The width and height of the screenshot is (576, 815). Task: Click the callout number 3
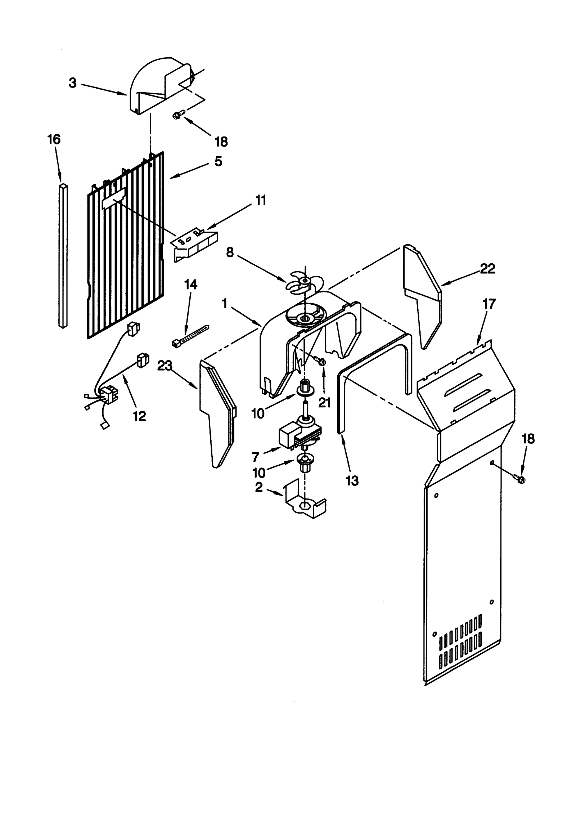click(73, 83)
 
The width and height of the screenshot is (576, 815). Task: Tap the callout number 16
click(54, 139)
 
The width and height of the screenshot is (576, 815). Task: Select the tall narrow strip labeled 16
click(63, 256)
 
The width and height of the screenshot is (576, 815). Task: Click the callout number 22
click(487, 269)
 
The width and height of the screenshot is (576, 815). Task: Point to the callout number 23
click(165, 366)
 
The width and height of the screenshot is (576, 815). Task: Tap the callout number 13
click(352, 480)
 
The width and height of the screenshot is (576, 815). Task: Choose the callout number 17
click(489, 304)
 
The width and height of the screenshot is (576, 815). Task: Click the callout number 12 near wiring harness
click(139, 416)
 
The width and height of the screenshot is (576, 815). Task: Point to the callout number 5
click(218, 162)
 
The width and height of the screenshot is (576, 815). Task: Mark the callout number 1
click(224, 304)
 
